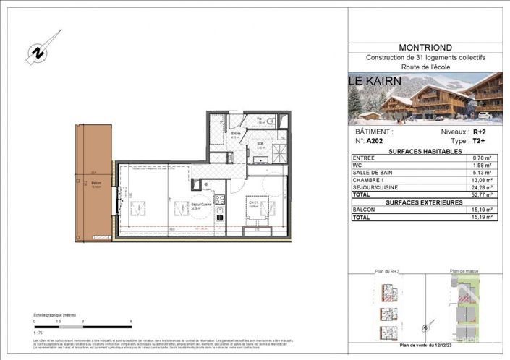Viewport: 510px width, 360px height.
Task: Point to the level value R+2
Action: (x=480, y=132)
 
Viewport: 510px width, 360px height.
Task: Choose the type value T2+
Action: (x=480, y=142)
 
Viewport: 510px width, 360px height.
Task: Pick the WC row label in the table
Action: (x=359, y=165)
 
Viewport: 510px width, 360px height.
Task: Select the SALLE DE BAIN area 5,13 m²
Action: (x=480, y=172)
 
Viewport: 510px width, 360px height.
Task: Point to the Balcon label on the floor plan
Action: (x=96, y=184)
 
